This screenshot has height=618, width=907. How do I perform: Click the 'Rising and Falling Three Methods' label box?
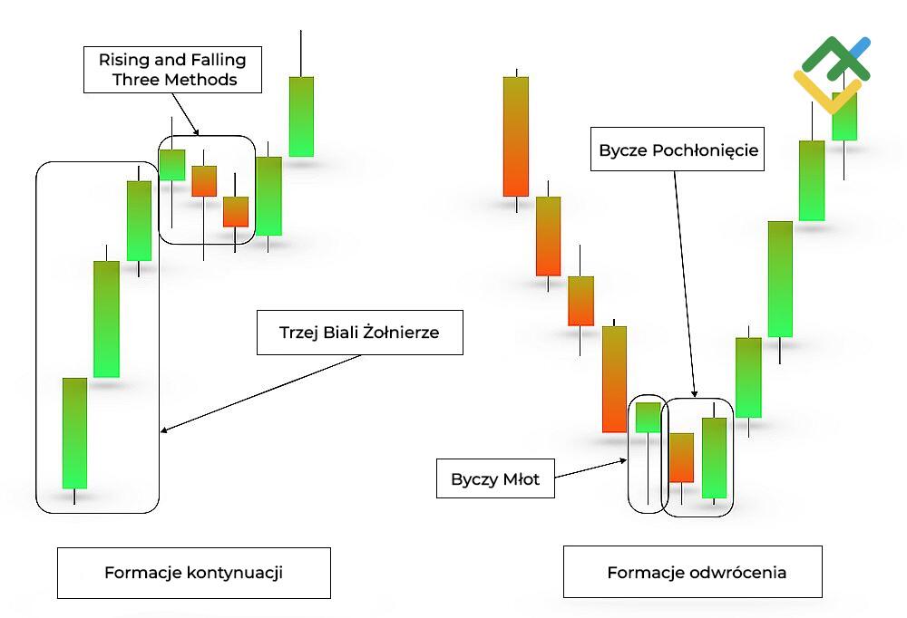point(172,70)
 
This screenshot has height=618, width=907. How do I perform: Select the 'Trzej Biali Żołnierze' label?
point(360,333)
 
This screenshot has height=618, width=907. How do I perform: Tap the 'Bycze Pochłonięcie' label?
point(678,150)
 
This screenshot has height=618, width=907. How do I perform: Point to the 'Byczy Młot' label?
point(495,479)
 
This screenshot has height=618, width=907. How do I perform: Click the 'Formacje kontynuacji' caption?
point(193,573)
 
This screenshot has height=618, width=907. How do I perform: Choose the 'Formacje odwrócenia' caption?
point(697,573)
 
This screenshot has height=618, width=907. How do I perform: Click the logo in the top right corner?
point(832,74)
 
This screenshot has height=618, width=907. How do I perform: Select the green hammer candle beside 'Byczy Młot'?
point(649,418)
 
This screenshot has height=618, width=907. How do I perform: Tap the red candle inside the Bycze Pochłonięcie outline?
point(681,458)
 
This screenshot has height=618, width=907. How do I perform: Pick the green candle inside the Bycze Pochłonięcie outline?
point(715,459)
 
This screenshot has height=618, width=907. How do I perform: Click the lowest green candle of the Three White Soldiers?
point(74,433)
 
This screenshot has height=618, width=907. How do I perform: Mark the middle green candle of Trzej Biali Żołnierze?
point(107,319)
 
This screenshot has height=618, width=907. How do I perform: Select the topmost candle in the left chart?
point(301,116)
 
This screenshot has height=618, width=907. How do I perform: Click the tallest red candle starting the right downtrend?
point(516,136)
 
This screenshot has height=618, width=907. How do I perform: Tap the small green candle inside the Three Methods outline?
point(172,165)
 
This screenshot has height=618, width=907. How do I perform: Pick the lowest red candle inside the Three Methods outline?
point(236,211)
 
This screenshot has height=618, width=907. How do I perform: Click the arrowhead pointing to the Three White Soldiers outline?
point(163,431)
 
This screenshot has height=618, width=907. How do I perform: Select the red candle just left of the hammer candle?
point(615,379)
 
